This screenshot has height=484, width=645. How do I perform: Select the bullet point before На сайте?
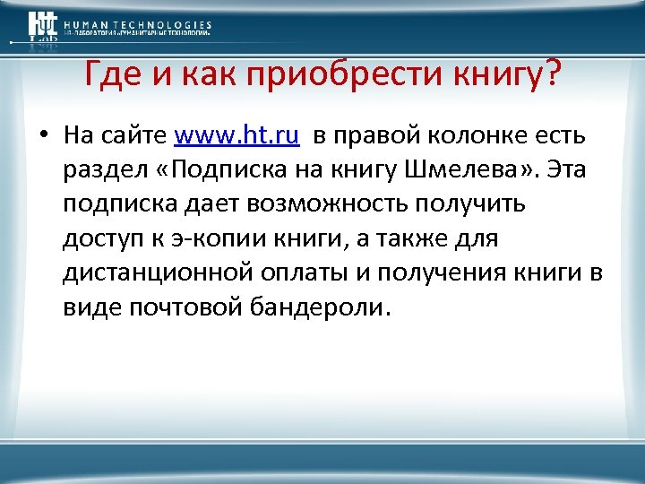tap(42, 136)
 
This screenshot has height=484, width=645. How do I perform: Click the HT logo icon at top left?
tap(41, 27)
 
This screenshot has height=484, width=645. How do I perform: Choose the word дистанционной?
tap(151, 273)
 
